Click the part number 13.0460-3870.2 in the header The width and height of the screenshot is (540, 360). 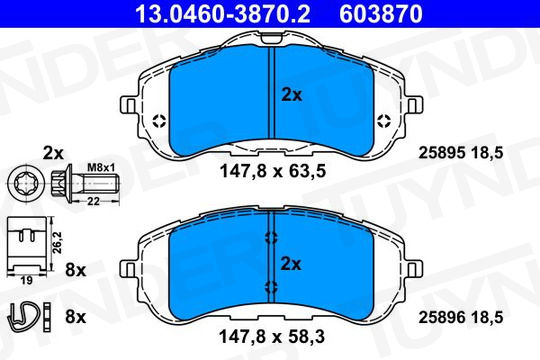tap(223, 14)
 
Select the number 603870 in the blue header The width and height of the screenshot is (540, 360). tap(381, 14)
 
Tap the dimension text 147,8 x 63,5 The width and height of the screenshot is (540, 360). tap(272, 171)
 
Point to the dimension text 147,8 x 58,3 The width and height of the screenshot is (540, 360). tap(272, 337)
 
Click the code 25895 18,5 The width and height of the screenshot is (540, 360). tap(461, 153)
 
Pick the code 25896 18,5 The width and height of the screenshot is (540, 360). tap(461, 317)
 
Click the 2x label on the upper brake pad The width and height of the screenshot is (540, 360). tap(292, 95)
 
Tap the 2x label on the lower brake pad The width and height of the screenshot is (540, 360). tap(291, 264)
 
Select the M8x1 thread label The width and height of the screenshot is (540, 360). tap(101, 168)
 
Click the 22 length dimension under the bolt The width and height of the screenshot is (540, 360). tap(93, 201)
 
